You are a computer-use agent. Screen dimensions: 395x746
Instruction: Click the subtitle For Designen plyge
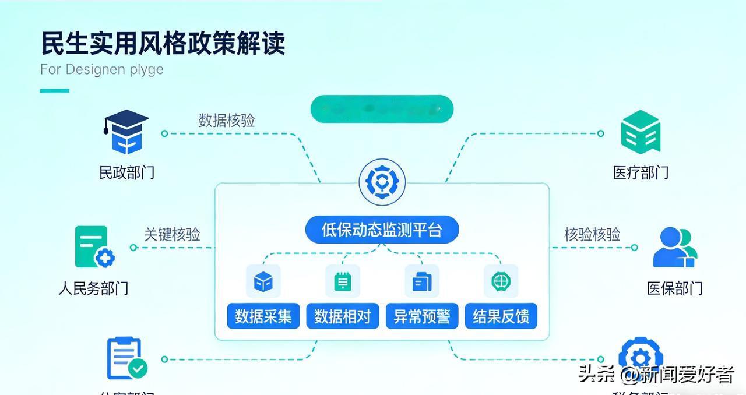pos(101,69)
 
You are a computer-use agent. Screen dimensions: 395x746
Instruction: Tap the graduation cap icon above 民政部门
pos(126,132)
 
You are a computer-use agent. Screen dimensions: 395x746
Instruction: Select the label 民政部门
pos(126,172)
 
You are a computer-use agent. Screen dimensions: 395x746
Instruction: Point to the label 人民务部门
pos(93,288)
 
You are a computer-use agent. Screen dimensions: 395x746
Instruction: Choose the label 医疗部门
pos(641,172)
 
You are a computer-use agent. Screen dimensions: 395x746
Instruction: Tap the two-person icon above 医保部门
pos(674,248)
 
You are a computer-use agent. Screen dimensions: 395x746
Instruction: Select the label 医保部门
pos(674,288)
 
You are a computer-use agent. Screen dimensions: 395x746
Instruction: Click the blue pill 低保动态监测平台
pos(382,230)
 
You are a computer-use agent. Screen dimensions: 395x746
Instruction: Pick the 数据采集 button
pos(263,316)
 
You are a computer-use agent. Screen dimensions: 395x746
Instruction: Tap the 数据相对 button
pos(342,316)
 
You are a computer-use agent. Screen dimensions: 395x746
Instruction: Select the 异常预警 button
pos(421,316)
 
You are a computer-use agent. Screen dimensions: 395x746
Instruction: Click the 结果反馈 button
pos(501,316)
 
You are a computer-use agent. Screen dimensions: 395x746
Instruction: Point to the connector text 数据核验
pos(227,121)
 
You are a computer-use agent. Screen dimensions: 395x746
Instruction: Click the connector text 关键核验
pos(172,234)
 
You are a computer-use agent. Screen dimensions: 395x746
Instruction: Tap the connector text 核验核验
pos(592,234)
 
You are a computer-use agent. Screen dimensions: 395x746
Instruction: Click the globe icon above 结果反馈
pos(501,281)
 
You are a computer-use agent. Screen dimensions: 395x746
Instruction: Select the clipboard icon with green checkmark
pos(126,358)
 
